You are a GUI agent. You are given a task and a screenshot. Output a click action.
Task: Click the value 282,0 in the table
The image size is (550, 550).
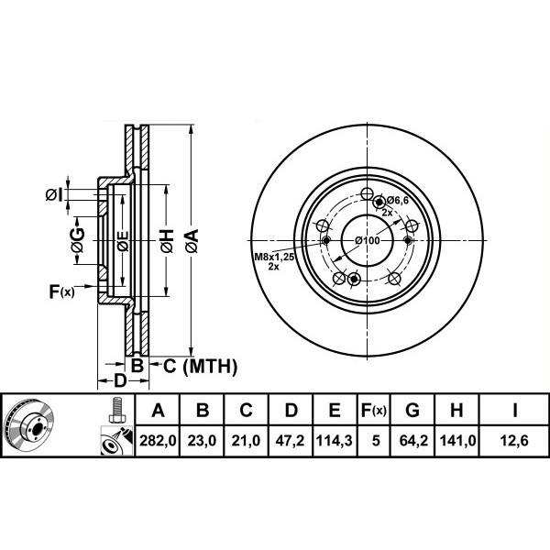click(158, 441)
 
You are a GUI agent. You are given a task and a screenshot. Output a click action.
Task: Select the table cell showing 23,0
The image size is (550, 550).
click(202, 441)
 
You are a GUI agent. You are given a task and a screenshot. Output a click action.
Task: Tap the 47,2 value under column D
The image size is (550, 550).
click(290, 441)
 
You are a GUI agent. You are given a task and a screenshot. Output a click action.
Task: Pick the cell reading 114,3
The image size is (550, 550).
click(335, 441)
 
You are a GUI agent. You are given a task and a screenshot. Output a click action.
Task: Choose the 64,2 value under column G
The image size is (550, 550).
click(413, 441)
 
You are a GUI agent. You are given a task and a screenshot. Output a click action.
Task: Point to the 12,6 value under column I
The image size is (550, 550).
click(514, 441)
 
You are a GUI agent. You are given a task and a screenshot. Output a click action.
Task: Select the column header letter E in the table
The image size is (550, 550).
click(335, 410)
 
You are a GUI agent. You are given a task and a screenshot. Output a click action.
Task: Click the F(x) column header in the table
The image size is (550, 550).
click(374, 410)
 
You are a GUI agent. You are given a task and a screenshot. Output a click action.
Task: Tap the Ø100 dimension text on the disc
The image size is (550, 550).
click(368, 240)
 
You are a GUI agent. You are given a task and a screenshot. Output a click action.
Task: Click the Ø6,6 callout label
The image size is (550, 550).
click(398, 200)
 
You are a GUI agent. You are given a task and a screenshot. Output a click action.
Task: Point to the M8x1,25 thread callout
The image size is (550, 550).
click(274, 257)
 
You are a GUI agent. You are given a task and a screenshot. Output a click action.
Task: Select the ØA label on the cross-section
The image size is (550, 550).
click(192, 240)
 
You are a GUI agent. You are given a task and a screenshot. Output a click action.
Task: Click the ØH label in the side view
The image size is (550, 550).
click(168, 240)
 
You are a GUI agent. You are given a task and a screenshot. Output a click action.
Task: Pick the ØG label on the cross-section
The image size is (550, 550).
click(78, 240)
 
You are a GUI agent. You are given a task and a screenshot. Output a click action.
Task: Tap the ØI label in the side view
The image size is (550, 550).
click(54, 194)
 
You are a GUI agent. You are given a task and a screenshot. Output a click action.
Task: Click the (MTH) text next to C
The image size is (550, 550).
click(210, 367)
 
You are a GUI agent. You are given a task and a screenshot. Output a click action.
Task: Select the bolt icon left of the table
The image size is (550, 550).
click(116, 411)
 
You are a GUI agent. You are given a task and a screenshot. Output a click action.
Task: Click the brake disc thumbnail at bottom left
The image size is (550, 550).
click(28, 424)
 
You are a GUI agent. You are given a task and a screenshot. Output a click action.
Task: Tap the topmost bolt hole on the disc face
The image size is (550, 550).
click(368, 193)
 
